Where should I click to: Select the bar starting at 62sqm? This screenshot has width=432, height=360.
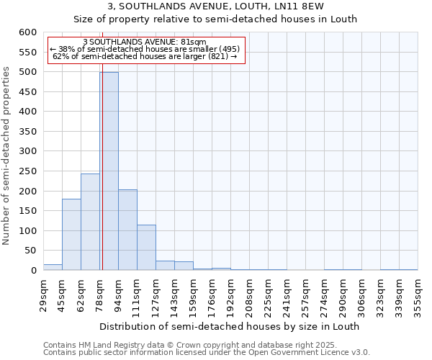(x=90, y=222)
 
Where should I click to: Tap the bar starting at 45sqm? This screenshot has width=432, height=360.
(x=71, y=235)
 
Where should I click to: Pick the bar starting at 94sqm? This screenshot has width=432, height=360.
(x=127, y=230)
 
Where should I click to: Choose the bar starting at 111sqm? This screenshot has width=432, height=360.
(x=146, y=248)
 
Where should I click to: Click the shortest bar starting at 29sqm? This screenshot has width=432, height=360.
(x=53, y=267)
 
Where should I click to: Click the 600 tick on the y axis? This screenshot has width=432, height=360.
(x=27, y=32)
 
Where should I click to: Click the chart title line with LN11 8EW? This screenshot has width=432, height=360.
(x=215, y=6)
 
